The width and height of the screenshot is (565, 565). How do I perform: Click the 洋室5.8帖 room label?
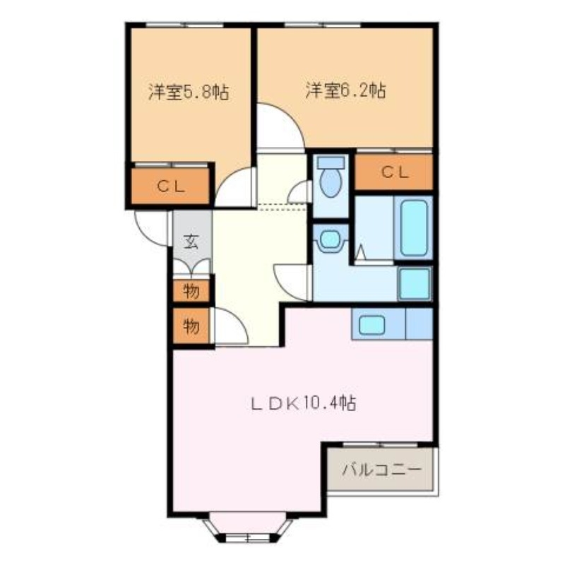click(189, 92)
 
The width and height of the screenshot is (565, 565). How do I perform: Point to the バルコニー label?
click(382, 469)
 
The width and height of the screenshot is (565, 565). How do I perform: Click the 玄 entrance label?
click(191, 242)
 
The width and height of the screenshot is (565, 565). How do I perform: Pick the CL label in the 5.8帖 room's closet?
click(170, 186)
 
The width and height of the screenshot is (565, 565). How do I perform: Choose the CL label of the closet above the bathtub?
click(394, 172)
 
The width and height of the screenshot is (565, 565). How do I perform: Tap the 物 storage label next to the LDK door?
click(190, 326)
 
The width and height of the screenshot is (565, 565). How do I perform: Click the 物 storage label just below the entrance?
click(190, 290)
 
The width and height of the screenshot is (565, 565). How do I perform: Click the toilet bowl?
click(330, 182)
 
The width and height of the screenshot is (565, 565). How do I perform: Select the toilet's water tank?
click(330, 162)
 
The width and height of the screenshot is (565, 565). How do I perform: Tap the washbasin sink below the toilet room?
click(329, 240)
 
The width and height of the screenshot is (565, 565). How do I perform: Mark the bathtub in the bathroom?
click(413, 229)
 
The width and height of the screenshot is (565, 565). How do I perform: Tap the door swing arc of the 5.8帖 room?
click(234, 189)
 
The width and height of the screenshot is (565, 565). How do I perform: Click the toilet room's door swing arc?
click(300, 191)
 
